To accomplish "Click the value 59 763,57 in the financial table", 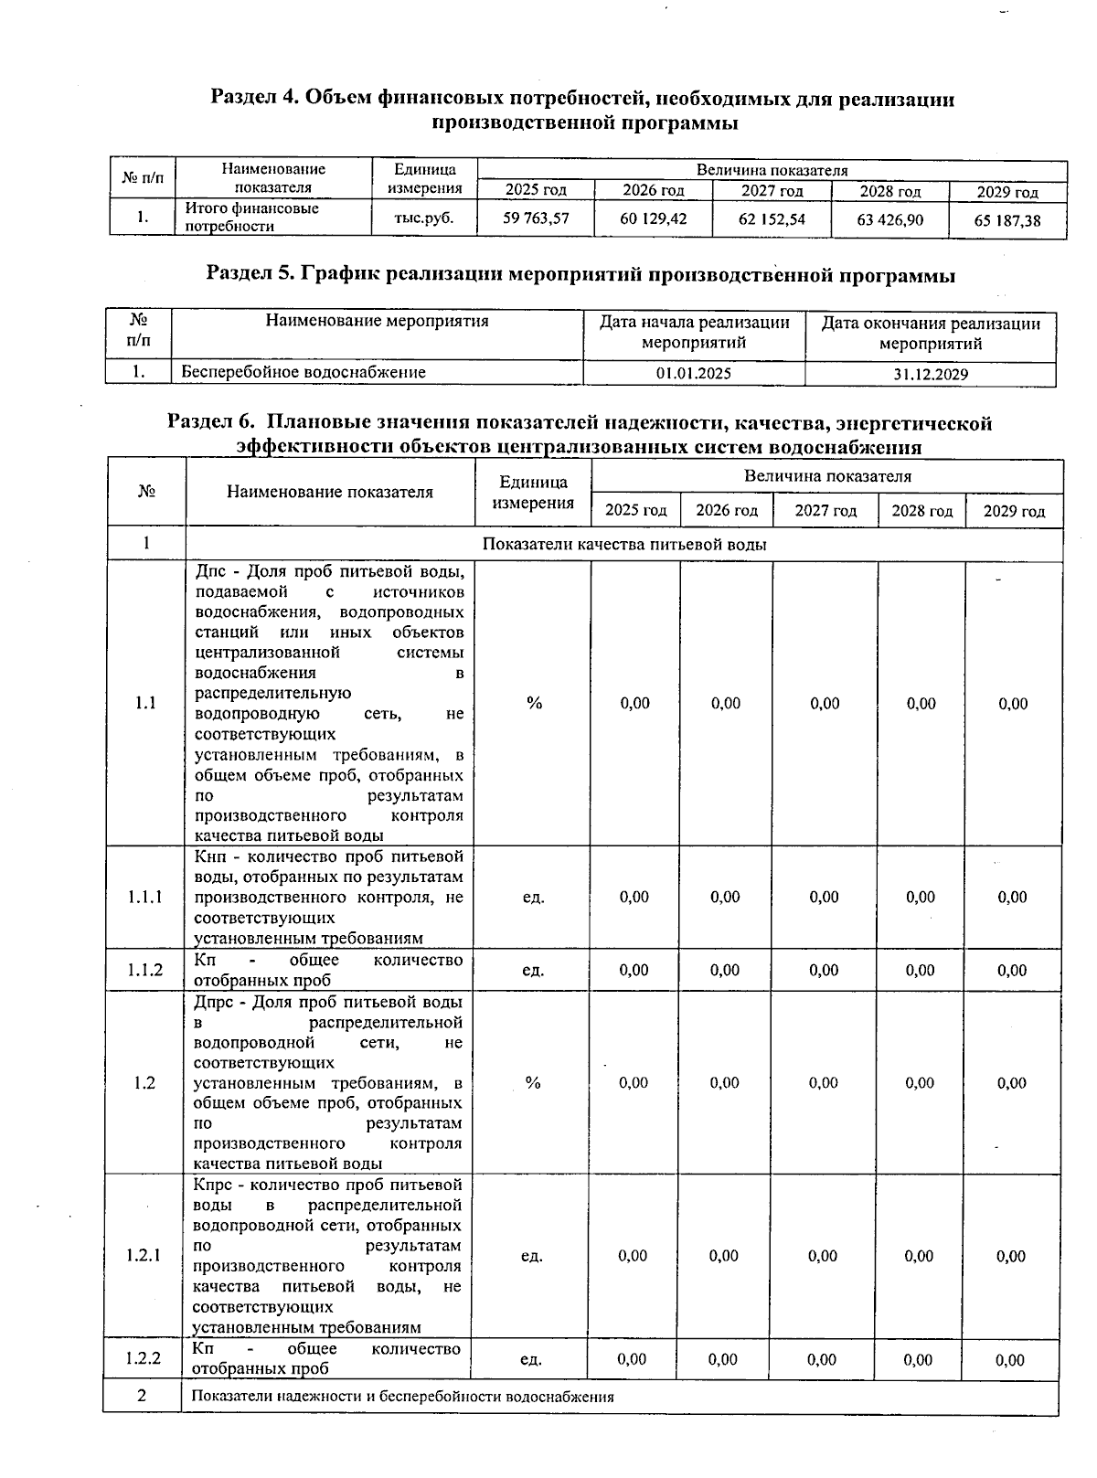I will pos(536,218).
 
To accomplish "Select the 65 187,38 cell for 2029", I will pos(1007,220).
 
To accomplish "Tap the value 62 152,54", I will pos(772,219).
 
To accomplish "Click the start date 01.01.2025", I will pos(693,373).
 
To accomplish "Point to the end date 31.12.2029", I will pos(931,374).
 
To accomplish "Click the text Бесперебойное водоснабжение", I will pos(304,372).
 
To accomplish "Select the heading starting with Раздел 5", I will pos(580,274).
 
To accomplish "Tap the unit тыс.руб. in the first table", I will pos(423,218).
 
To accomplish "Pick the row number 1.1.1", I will pos(145,897).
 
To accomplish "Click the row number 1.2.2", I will pos(144,1358).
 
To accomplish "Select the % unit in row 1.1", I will pos(534,703).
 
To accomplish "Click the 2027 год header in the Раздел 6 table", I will pos(825,510).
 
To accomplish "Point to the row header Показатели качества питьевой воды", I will pos(623,544).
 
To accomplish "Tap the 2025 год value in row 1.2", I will pos(634,1083).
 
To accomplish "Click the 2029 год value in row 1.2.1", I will pos(1011,1256).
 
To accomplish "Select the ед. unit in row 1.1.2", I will pos(533,970).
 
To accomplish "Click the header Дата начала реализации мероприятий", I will pos(694,333).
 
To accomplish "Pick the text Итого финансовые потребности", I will pos(252,218).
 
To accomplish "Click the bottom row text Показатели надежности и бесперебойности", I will pos(402,1397).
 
